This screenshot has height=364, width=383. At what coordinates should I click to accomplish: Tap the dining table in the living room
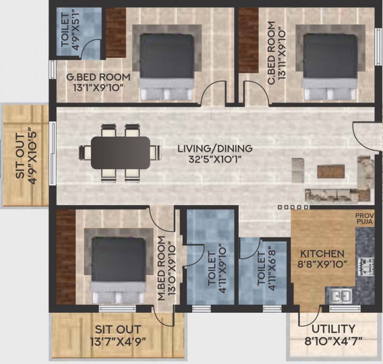coord(120,153)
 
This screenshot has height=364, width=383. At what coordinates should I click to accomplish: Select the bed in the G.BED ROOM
coord(167,62)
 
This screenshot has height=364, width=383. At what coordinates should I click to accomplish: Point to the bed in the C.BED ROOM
coord(330,62)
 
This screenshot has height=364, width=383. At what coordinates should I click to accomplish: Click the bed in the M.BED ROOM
coord(118,265)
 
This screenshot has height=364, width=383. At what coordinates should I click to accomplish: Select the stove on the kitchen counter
coord(365,266)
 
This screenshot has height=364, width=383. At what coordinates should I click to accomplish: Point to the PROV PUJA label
coord(364,219)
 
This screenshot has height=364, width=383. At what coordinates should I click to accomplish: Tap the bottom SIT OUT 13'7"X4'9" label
coord(117,335)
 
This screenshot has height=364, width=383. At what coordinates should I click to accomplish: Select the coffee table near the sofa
coord(330,171)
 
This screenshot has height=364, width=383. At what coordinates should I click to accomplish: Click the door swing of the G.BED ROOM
coord(214,94)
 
